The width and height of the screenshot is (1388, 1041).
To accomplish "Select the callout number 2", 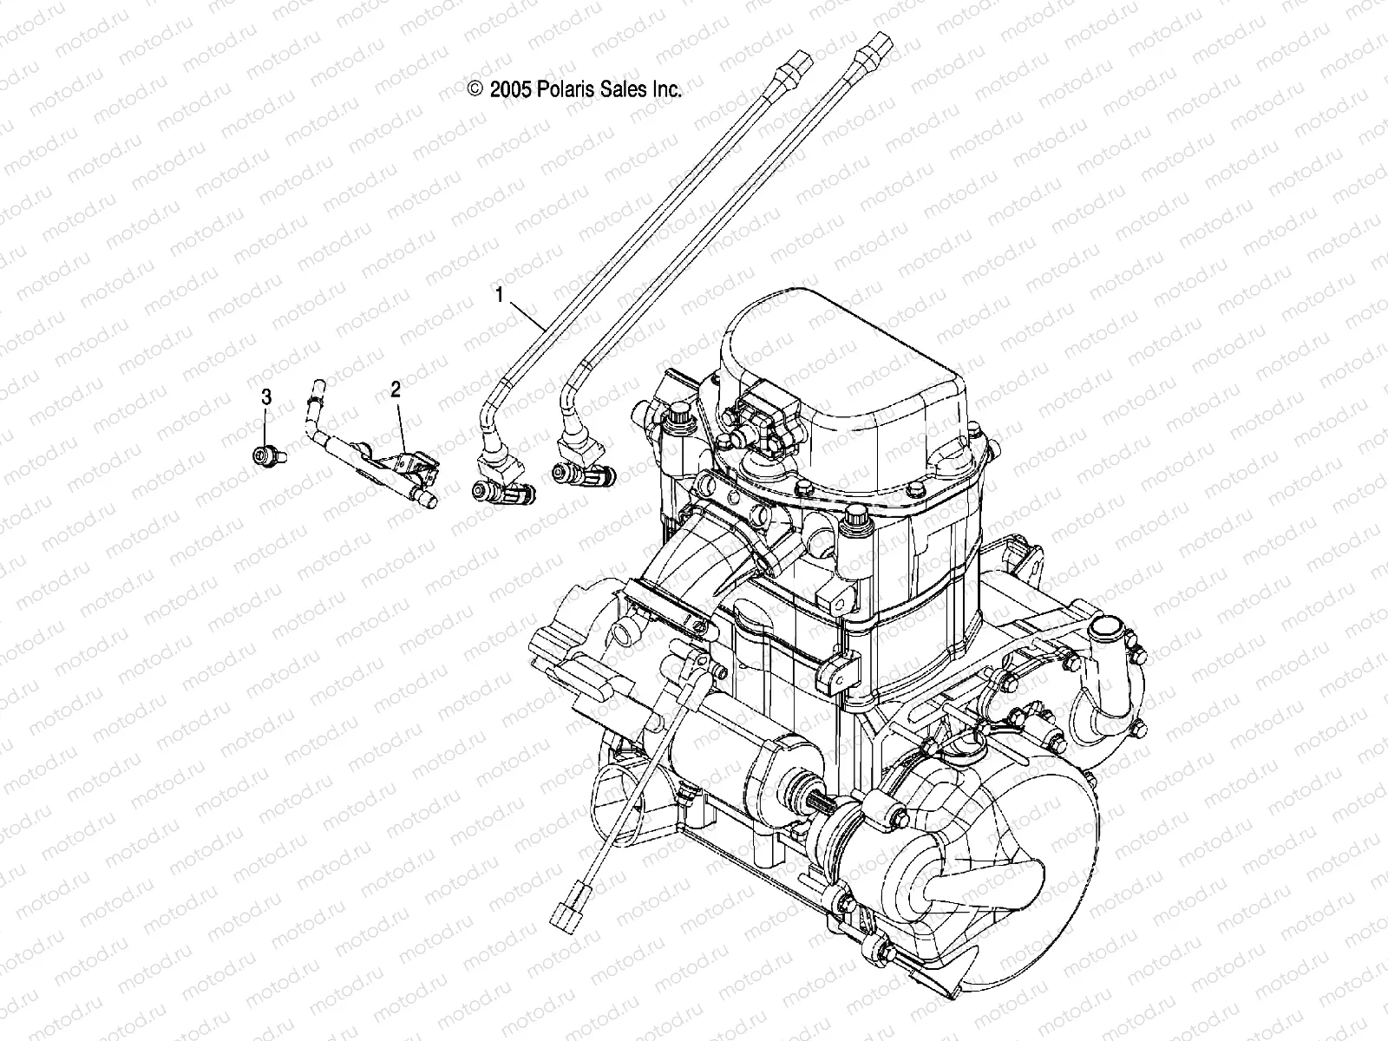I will point(396,390).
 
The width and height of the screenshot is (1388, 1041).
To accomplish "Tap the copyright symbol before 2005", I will point(475,89).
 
